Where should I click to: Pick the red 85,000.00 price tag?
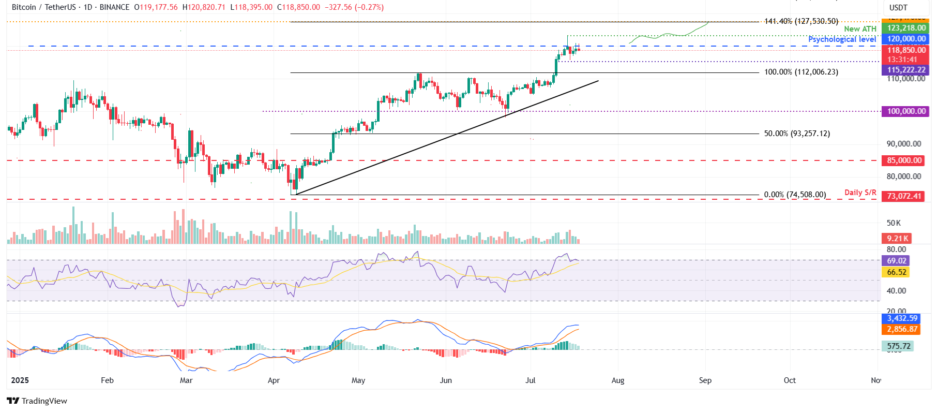[904, 160]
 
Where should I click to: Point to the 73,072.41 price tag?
[904, 196]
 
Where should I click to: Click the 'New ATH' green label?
[860, 29]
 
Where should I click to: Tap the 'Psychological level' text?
[842, 39]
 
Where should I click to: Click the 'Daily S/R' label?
[860, 193]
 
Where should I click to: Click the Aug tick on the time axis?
[617, 380]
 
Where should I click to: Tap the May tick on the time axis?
[358, 380]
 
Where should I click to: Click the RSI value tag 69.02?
[896, 261]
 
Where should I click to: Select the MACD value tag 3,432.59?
[902, 318]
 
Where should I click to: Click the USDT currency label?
[898, 8]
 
